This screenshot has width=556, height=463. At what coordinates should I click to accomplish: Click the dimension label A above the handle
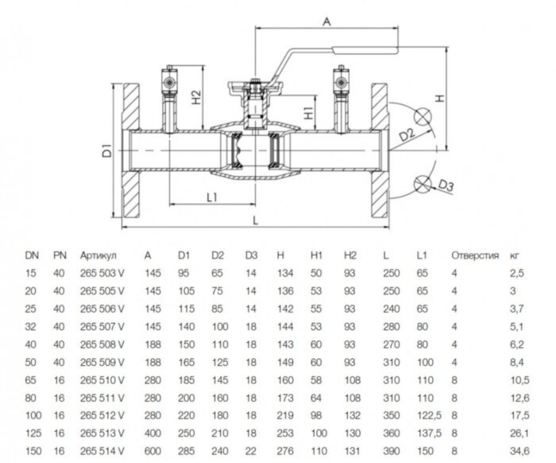(326, 23)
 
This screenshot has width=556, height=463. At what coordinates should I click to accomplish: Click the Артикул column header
(98, 256)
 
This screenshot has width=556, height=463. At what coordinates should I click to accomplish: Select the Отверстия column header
(474, 256)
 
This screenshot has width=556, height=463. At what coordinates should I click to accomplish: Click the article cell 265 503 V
(102, 274)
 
